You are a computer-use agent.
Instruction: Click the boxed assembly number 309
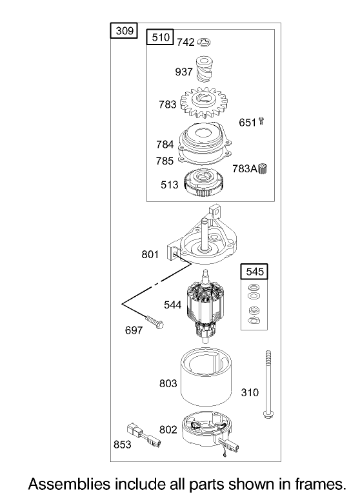click(x=124, y=30)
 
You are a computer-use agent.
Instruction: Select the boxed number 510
click(x=160, y=37)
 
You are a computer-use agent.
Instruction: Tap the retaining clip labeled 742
click(x=204, y=42)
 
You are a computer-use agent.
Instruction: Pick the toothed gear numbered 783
click(x=203, y=103)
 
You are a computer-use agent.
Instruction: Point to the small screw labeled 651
click(x=261, y=121)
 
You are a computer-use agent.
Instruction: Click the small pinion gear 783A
click(x=263, y=168)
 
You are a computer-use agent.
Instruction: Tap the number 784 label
click(x=165, y=145)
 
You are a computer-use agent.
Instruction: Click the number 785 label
click(x=165, y=161)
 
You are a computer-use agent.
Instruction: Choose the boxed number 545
click(x=254, y=272)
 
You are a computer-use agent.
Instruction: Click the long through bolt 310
click(x=268, y=385)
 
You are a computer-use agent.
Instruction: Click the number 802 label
click(x=168, y=429)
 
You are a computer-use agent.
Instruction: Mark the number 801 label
click(x=150, y=254)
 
